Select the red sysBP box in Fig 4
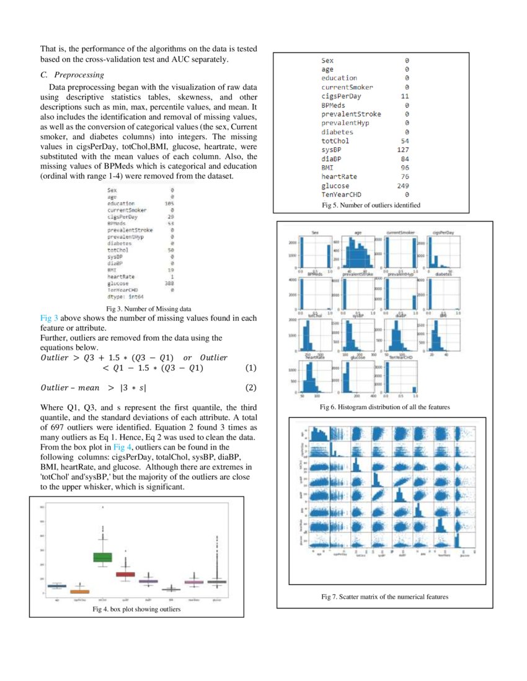coord(126,574)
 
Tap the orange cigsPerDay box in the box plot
coord(79,591)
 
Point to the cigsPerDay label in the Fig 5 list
coord(341,96)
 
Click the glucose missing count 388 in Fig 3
coord(169,284)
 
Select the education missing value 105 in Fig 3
coord(169,202)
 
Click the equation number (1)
coord(250,368)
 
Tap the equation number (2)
coord(250,388)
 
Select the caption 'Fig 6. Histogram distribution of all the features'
coord(384,407)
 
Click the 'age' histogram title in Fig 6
coord(358,233)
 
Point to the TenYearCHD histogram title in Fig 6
coord(401,357)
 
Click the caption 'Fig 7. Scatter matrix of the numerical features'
coord(384,597)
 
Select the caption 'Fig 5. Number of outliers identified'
coord(371,205)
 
